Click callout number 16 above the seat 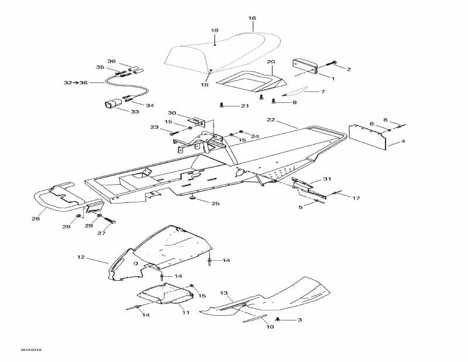click(252, 18)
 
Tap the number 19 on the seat click(215, 30)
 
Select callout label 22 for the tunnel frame click(270, 120)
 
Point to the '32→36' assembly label click(75, 83)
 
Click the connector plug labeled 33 click(111, 105)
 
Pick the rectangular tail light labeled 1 click(304, 66)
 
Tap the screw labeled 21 click(222, 105)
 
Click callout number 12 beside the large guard click(81, 257)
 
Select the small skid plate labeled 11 click(161, 294)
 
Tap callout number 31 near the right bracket click(327, 179)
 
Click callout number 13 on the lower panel click(223, 292)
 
